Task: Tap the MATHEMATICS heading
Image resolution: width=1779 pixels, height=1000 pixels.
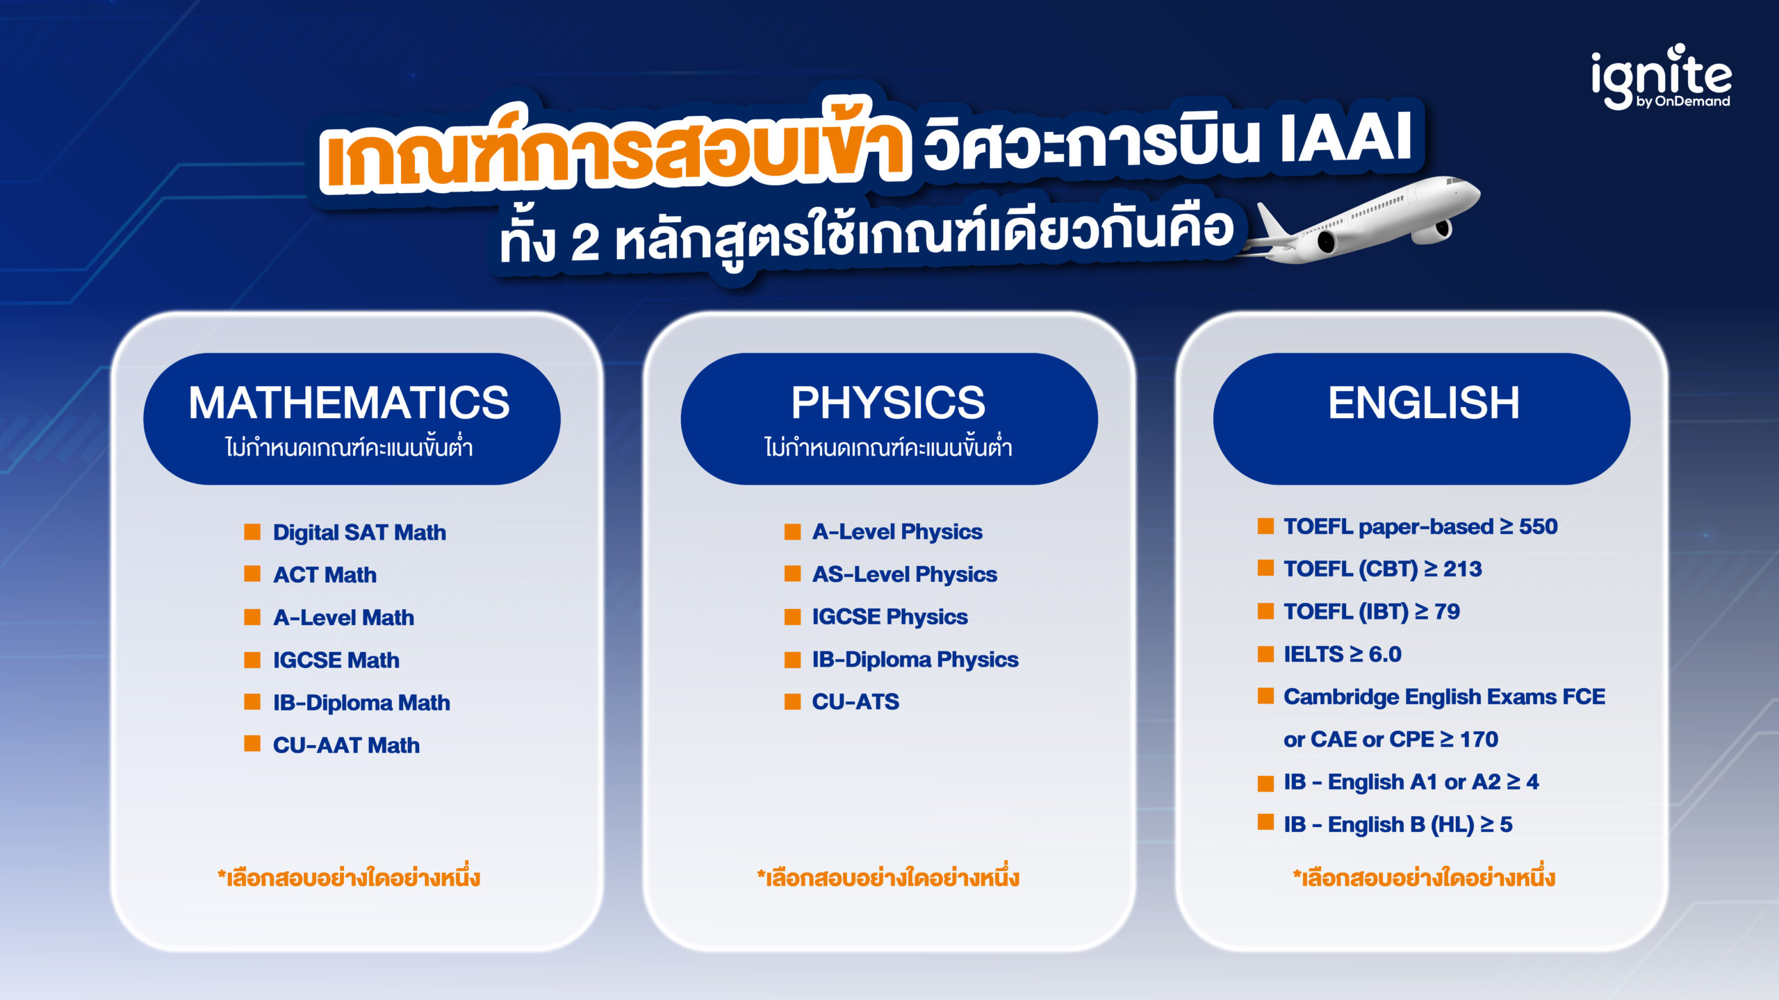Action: click(x=349, y=403)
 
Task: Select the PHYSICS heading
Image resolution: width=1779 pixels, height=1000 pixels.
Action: click(x=888, y=403)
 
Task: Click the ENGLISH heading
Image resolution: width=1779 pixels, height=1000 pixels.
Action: click(x=1423, y=403)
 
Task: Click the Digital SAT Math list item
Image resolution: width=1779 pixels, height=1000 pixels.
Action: click(x=359, y=533)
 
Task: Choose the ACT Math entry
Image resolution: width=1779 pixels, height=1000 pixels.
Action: click(x=325, y=575)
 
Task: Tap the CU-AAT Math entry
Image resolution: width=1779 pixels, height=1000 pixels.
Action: click(x=346, y=745)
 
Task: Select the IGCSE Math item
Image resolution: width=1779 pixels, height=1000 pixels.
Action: click(x=336, y=660)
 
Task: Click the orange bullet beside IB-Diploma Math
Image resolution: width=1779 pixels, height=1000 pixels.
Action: click(x=252, y=702)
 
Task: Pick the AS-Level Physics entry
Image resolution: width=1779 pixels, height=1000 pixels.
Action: click(x=904, y=574)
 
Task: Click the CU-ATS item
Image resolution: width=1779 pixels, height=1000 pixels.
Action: click(x=855, y=701)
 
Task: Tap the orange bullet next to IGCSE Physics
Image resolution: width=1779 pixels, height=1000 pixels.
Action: click(x=792, y=617)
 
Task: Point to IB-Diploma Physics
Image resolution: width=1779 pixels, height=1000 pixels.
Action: click(x=915, y=659)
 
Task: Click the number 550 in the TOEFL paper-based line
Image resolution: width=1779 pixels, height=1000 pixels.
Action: click(x=1538, y=526)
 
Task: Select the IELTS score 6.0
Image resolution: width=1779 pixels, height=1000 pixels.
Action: click(x=1384, y=654)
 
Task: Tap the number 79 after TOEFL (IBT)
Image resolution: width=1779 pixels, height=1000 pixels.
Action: click(x=1447, y=612)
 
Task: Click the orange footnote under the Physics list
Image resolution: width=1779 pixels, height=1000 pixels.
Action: click(x=888, y=878)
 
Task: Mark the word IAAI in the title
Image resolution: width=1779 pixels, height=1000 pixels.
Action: click(x=1345, y=137)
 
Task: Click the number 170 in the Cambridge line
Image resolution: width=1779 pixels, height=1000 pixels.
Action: click(x=1479, y=740)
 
